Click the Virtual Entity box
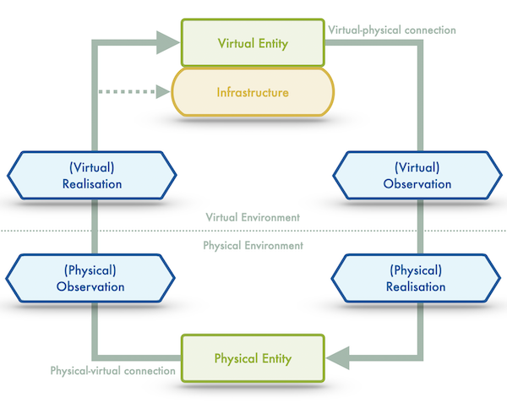(253, 43)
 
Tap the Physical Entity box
(253, 357)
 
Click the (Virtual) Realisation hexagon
(91, 176)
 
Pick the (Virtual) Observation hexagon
(416, 176)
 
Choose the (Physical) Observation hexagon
(91, 279)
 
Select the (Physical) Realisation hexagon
(416, 279)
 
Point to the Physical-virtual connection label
(112, 371)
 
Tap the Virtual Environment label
(253, 217)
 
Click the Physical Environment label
(253, 246)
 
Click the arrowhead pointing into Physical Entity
(338, 358)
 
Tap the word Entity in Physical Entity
(275, 358)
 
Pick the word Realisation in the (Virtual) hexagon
(91, 184)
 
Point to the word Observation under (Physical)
(91, 287)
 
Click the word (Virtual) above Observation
(416, 167)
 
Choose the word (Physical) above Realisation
(416, 270)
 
